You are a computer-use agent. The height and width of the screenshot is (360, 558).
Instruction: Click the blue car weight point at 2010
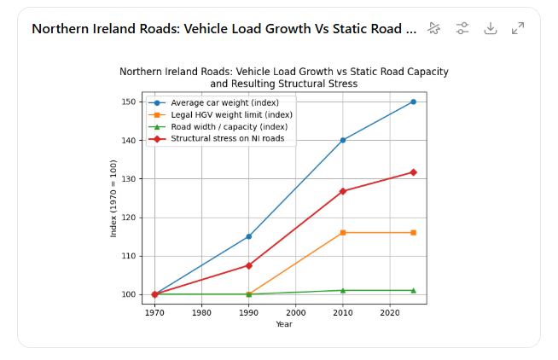[343, 140]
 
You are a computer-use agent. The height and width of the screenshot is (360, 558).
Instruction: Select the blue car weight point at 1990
[249, 236]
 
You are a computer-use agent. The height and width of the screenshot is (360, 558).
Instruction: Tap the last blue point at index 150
[413, 102]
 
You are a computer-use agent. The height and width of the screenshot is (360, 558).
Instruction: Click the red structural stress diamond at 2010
[343, 191]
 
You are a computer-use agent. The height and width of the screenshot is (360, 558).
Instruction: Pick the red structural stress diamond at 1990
[249, 265]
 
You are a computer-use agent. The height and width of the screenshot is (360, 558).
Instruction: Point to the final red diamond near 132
[413, 172]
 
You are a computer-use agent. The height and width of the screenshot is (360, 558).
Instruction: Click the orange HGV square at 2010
[343, 233]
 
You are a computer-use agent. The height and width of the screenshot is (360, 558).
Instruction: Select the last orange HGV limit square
[413, 233]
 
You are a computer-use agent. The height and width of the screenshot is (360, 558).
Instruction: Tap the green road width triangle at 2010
[343, 290]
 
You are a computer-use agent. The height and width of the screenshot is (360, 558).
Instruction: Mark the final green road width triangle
[413, 290]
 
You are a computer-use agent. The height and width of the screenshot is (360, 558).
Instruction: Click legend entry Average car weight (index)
[224, 103]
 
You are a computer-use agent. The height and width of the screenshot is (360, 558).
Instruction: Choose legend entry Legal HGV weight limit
[230, 115]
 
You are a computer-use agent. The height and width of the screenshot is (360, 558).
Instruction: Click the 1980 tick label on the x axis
[201, 312]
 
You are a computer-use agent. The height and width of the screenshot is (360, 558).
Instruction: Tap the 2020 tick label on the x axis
[389, 312]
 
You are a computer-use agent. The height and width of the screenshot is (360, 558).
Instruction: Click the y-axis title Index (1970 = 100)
[113, 198]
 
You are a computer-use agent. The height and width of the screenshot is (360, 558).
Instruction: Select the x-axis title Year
[284, 324]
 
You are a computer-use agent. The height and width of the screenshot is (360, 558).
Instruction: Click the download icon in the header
[490, 28]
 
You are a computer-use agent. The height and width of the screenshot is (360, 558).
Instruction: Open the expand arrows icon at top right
[518, 28]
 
